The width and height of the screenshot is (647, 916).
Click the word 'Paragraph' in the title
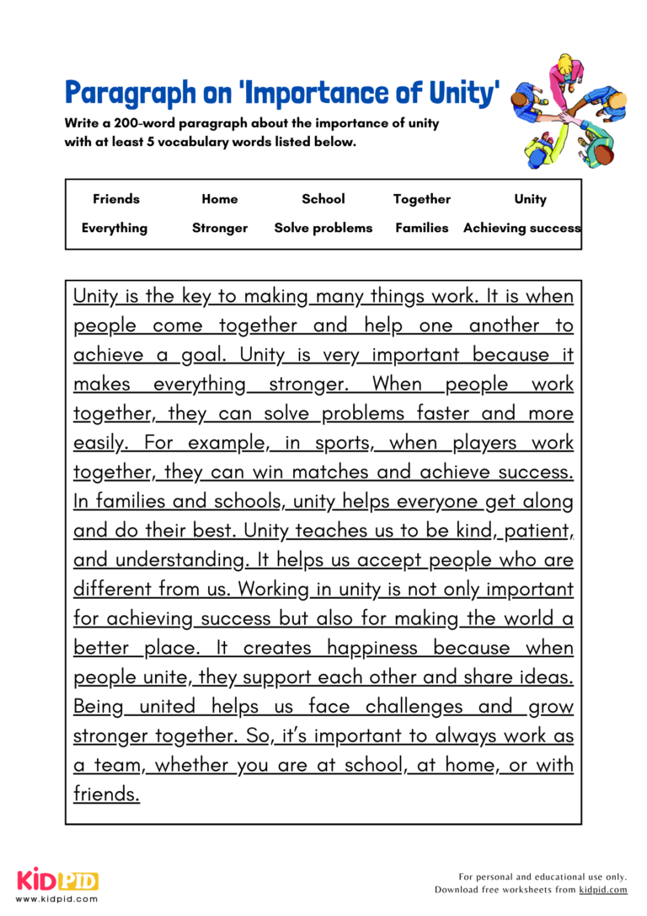129,93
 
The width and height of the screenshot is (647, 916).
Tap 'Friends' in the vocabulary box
116,199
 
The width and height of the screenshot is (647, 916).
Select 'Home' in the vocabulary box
220,199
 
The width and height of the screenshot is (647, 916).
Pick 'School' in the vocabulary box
323,199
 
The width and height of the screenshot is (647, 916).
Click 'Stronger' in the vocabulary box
220,228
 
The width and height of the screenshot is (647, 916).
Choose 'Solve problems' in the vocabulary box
323,228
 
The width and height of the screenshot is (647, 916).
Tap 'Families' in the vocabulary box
422,228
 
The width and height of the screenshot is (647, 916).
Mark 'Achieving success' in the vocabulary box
521,228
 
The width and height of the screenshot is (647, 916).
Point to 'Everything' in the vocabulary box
115,228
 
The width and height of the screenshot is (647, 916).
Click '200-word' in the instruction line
143,123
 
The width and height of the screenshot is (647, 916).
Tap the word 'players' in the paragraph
484,443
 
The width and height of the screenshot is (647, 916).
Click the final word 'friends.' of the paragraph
106,795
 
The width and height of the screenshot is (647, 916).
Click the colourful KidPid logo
57,881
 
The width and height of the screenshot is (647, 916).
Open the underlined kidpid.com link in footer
603,890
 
